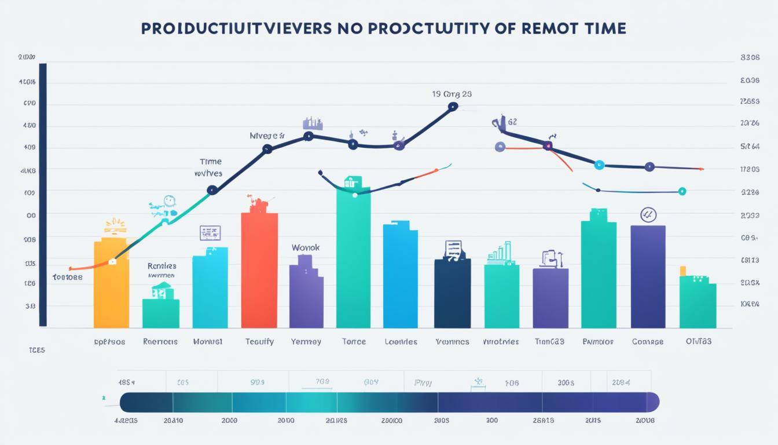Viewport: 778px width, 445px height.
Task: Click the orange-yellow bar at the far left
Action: (111, 284)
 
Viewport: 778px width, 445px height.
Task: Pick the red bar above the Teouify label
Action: (259, 270)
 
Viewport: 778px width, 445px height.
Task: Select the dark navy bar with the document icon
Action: (452, 293)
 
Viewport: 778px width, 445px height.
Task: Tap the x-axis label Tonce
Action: (354, 342)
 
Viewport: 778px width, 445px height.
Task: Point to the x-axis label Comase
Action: (648, 342)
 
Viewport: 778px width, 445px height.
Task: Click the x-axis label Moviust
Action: (208, 342)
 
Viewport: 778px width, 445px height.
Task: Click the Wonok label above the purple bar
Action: (305, 247)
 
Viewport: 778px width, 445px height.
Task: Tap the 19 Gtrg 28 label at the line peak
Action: (452, 93)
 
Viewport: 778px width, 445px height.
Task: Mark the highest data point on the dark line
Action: (453, 106)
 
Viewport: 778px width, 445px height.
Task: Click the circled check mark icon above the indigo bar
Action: (648, 216)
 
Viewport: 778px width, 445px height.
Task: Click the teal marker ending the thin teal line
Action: (682, 191)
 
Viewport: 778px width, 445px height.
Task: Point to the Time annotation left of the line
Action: (210, 162)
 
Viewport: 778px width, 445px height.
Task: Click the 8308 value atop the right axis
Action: (750, 58)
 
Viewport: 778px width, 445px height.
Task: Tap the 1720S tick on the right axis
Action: (750, 170)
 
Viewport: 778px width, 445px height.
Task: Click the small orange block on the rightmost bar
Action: (682, 271)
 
